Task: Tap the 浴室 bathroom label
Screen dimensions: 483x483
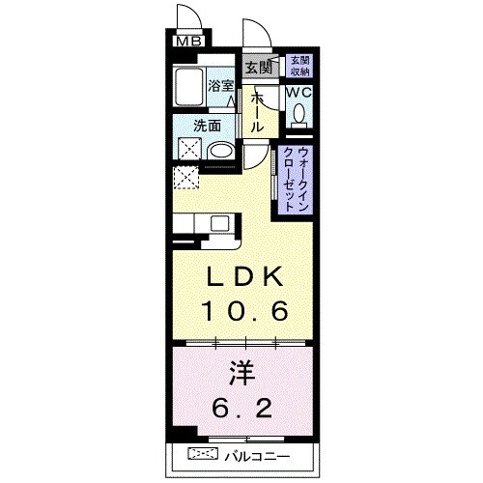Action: tap(221, 85)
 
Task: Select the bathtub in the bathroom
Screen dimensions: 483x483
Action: tap(188, 89)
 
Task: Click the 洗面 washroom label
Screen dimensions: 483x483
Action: tap(206, 125)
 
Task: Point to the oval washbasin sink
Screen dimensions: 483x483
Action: tap(221, 150)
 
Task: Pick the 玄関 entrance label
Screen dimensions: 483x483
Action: tap(257, 68)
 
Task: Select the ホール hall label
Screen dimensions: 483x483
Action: tap(258, 112)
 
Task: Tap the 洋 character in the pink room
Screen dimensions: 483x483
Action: tap(242, 372)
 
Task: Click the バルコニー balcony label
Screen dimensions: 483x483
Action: tap(257, 454)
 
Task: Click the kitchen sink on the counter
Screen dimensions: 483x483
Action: tap(219, 223)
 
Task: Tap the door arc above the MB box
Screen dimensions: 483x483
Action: tap(186, 17)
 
